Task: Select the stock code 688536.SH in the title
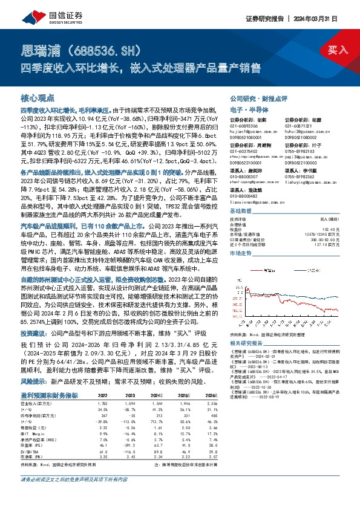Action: point(105,48)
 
